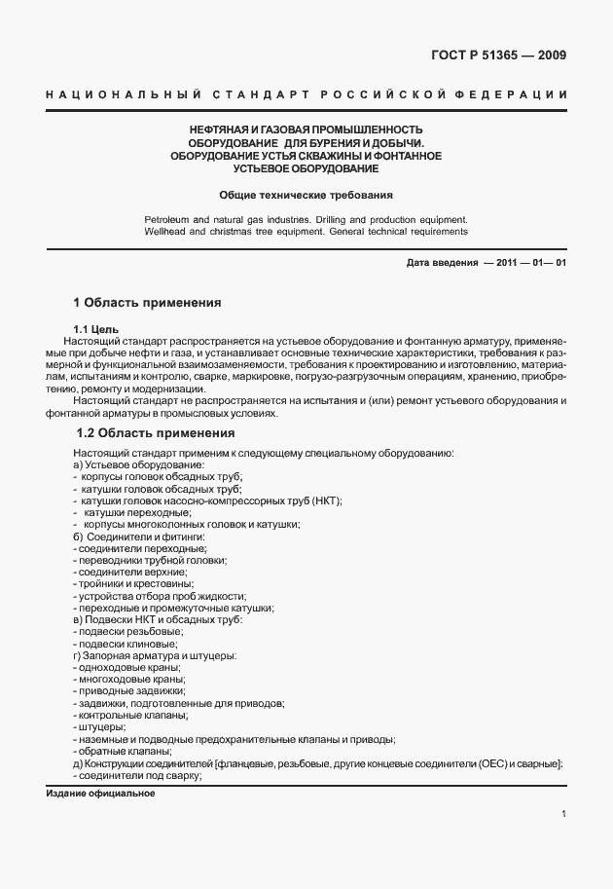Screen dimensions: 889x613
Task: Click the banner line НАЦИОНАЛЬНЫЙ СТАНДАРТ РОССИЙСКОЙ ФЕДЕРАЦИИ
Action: (306, 94)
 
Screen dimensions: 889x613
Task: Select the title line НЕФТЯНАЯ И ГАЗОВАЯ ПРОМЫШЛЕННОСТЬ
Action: (306, 130)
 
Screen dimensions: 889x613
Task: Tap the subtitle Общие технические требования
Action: (306, 194)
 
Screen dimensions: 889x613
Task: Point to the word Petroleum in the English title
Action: (168, 219)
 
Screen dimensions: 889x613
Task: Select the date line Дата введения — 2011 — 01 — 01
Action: (485, 264)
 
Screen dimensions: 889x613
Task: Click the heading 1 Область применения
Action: (147, 303)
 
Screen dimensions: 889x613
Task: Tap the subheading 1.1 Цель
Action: (95, 329)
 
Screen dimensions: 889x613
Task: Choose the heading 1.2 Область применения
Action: (155, 432)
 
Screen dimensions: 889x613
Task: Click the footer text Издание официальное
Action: (101, 794)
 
